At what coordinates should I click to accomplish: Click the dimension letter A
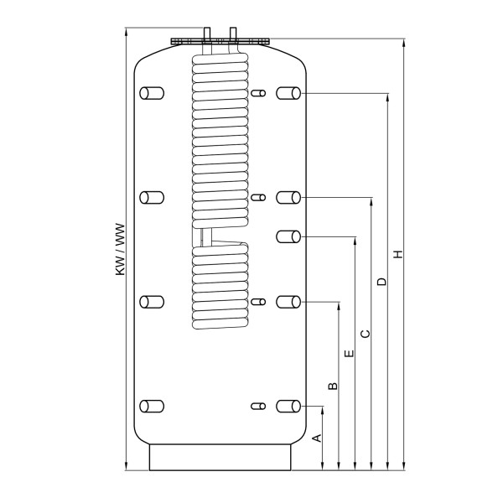[x=317, y=438]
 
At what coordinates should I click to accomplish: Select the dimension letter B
[x=334, y=386]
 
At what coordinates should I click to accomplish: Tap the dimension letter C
[x=366, y=334]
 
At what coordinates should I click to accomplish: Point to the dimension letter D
[x=381, y=282]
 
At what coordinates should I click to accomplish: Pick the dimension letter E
[x=350, y=353]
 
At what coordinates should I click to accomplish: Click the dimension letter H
[x=398, y=254]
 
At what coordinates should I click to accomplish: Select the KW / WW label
[x=120, y=249]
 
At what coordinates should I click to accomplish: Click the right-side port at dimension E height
[x=288, y=236]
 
